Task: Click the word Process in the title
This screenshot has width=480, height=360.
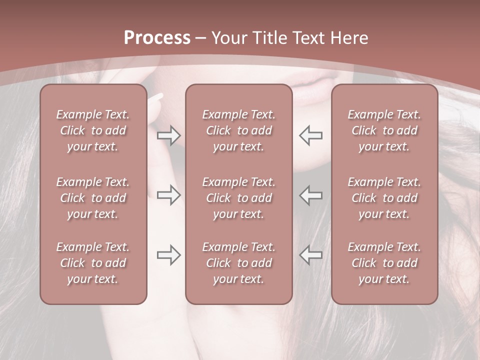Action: click(157, 37)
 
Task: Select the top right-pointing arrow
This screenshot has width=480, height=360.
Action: click(169, 135)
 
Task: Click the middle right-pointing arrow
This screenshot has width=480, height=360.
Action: click(169, 195)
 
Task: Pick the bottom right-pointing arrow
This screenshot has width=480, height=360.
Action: click(169, 255)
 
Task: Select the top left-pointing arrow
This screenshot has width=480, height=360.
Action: click(310, 135)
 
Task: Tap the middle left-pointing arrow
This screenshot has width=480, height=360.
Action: click(310, 195)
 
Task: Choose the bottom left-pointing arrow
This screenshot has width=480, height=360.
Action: click(310, 255)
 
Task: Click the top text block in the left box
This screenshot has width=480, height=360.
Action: click(93, 130)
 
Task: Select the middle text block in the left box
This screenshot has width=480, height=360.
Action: click(93, 198)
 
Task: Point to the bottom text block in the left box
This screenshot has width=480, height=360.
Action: click(93, 263)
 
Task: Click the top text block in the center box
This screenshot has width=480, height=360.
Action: click(239, 130)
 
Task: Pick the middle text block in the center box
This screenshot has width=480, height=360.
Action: click(239, 198)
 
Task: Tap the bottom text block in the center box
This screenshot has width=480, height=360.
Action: click(239, 263)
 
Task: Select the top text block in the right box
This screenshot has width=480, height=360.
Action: click(384, 130)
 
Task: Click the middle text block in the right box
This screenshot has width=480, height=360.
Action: click(384, 198)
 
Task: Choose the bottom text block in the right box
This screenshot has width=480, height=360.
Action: click(384, 263)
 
